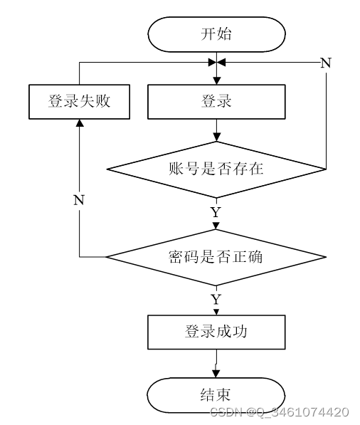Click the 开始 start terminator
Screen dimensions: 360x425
click(x=216, y=34)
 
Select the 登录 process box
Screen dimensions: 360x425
click(x=216, y=102)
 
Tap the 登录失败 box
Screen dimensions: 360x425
click(x=80, y=102)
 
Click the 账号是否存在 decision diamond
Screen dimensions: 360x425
click(x=216, y=169)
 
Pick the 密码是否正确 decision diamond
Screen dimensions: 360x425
click(x=216, y=257)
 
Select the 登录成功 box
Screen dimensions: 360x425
click(x=216, y=332)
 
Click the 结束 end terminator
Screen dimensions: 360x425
click(x=216, y=395)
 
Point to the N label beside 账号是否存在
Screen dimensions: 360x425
click(x=326, y=63)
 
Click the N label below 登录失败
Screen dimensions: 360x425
click(x=79, y=200)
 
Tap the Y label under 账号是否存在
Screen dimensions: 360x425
click(x=216, y=212)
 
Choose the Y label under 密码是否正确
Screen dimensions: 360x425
click(x=216, y=300)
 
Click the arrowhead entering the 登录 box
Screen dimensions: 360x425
click(x=216, y=80)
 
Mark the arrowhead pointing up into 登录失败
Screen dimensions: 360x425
click(x=80, y=123)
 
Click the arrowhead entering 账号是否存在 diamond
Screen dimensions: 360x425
click(x=216, y=137)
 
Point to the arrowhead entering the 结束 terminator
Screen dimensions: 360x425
click(x=216, y=374)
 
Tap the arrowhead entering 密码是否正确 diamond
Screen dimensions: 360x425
click(x=216, y=226)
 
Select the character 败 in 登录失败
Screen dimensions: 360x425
click(x=103, y=101)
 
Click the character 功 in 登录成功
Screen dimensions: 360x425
click(x=240, y=331)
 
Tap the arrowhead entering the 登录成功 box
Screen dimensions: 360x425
click(x=216, y=312)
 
